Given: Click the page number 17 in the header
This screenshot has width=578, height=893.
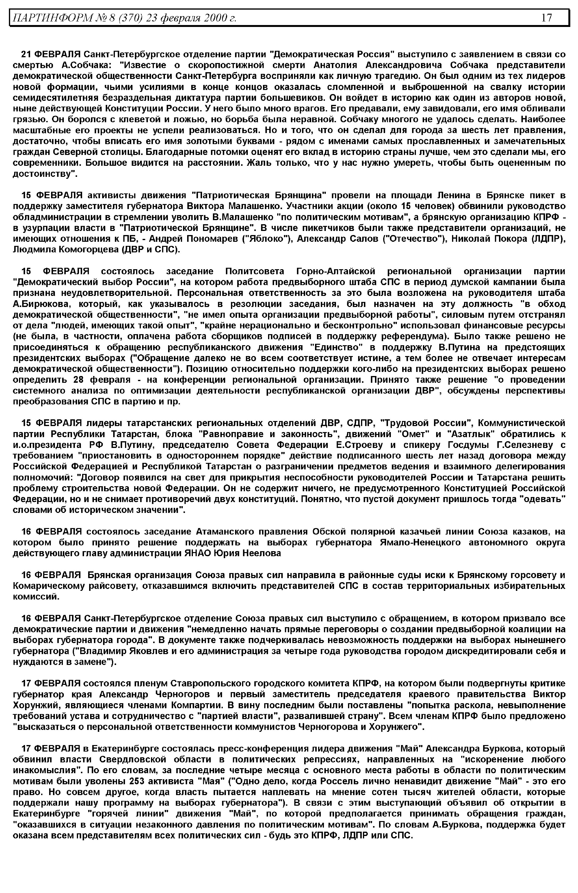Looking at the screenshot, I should click(547, 18).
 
